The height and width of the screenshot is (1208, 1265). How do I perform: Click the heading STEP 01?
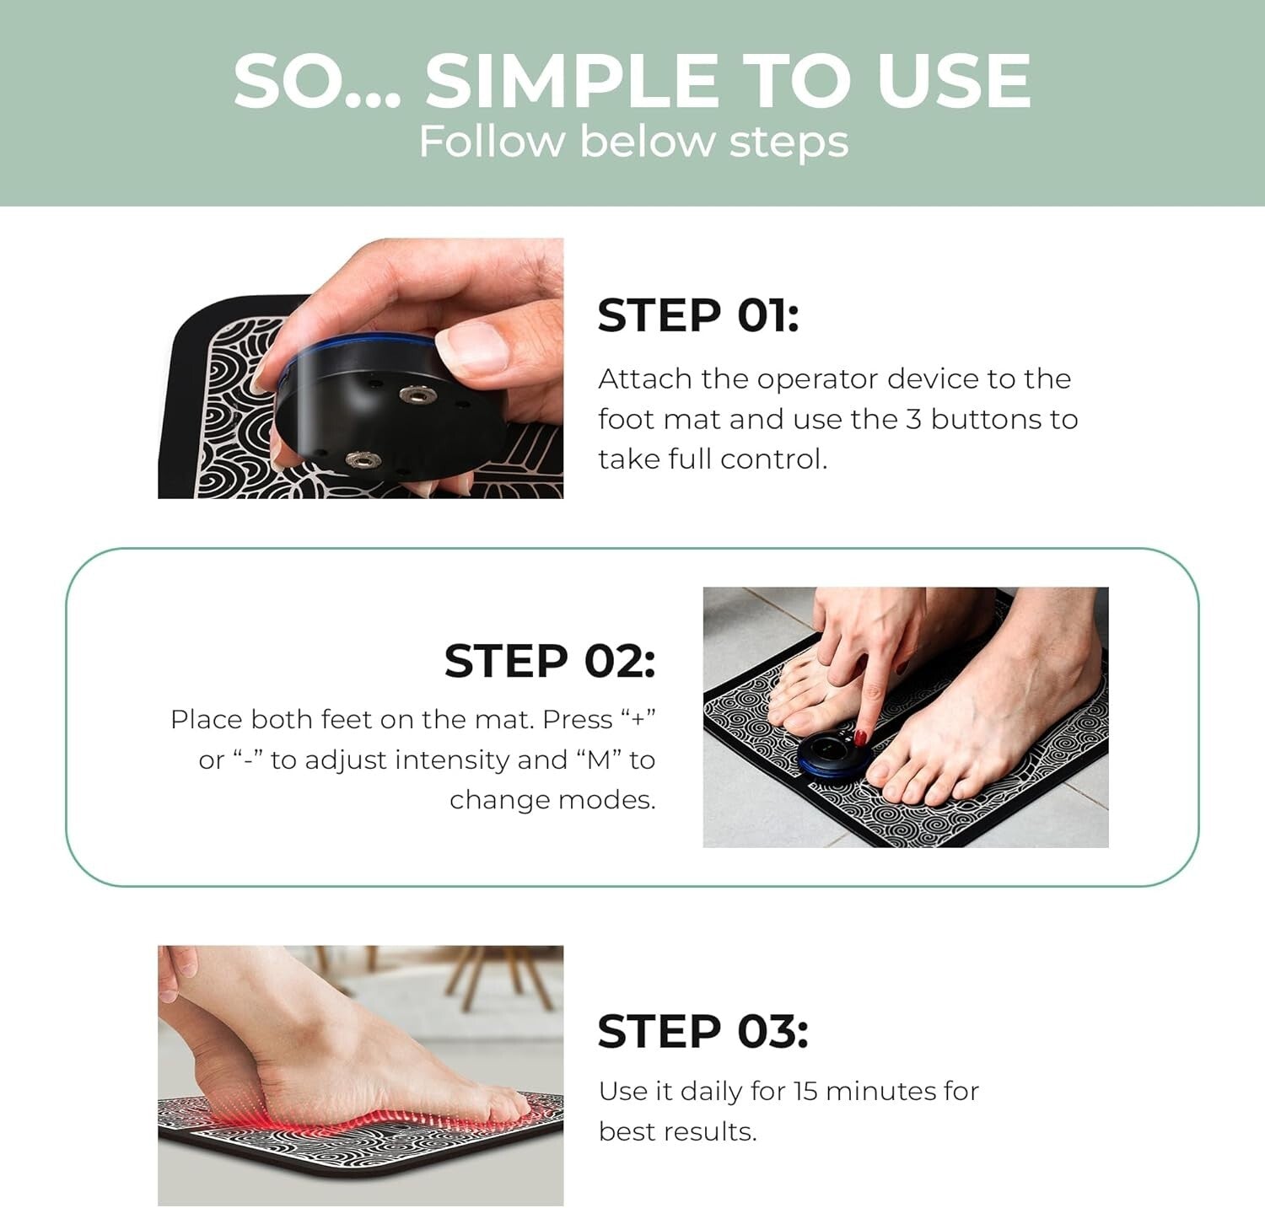(x=697, y=316)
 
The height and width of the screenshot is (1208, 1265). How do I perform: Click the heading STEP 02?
(x=549, y=661)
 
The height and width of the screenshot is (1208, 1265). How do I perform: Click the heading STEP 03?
(x=702, y=1032)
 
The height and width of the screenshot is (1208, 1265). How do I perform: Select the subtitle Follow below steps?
(x=633, y=141)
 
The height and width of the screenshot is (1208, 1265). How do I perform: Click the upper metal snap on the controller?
(x=413, y=394)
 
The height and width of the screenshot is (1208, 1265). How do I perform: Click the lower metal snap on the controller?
(x=363, y=460)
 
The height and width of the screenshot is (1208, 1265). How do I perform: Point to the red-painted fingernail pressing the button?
(x=861, y=738)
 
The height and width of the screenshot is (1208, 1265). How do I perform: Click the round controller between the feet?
(x=831, y=753)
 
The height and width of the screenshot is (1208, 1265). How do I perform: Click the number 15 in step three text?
(x=805, y=1092)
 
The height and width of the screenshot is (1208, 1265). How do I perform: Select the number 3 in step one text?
(x=913, y=420)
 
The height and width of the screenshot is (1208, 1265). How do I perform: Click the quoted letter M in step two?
(x=598, y=760)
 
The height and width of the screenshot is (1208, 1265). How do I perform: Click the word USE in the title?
(x=953, y=81)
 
